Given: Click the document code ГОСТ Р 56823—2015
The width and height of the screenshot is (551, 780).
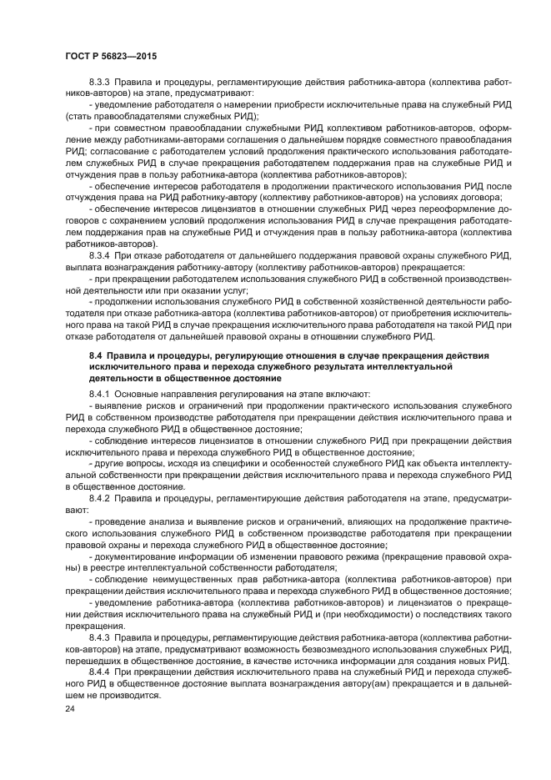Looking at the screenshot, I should click(x=110, y=55).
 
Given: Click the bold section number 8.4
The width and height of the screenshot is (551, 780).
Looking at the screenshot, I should click(x=94, y=356).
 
